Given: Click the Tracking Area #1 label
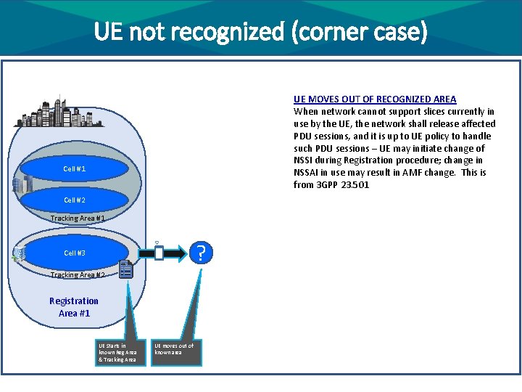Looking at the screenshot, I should click(78, 219).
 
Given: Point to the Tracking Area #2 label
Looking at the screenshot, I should click(78, 274).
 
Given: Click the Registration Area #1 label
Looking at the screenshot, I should click(74, 307).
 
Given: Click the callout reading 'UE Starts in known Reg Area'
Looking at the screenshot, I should click(117, 352).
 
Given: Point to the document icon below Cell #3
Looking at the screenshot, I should click(126, 270).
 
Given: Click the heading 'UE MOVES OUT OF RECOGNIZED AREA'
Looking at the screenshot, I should click(375, 99).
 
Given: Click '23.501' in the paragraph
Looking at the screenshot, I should click(357, 185).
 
